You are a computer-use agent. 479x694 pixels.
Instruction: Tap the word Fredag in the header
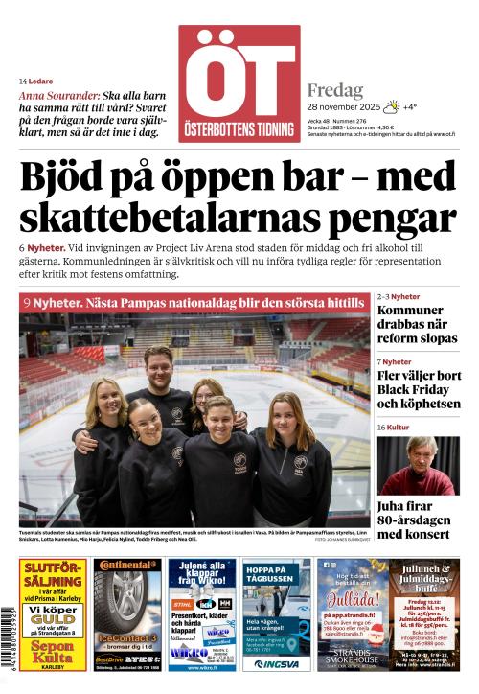click(x=334, y=90)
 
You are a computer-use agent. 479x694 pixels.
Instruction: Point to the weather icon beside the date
click(x=392, y=107)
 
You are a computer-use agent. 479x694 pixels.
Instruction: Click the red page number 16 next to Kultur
click(x=381, y=427)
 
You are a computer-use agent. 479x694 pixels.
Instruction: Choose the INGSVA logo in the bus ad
click(x=275, y=663)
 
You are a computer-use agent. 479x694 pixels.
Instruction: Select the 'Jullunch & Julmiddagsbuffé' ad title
click(x=423, y=577)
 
